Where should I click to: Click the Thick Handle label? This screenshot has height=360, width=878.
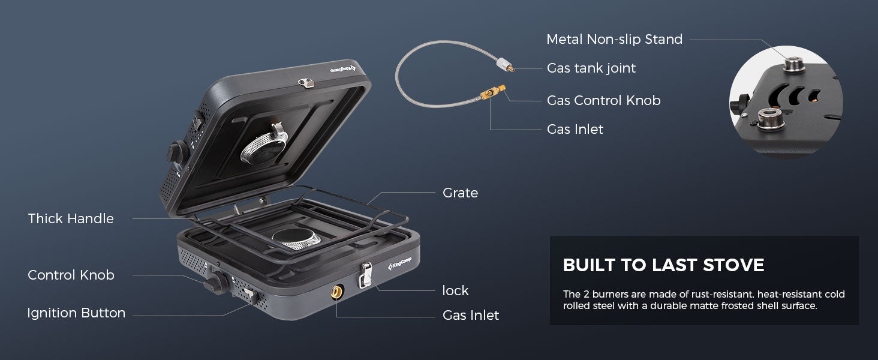[71, 219]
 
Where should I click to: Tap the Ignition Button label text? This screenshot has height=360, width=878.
[76, 313]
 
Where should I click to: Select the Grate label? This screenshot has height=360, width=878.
[460, 193]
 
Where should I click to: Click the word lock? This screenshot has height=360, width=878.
[455, 291]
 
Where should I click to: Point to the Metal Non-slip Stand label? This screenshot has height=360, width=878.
[614, 40]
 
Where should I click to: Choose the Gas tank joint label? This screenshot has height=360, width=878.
[591, 68]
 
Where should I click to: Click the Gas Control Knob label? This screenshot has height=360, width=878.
[603, 101]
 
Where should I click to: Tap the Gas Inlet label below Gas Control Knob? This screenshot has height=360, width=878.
[575, 129]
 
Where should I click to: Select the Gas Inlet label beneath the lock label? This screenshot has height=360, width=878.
[470, 316]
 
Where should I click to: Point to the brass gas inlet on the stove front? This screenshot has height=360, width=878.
[337, 292]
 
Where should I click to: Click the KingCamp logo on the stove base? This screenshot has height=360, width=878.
[402, 262]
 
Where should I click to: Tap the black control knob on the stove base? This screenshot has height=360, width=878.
[216, 282]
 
